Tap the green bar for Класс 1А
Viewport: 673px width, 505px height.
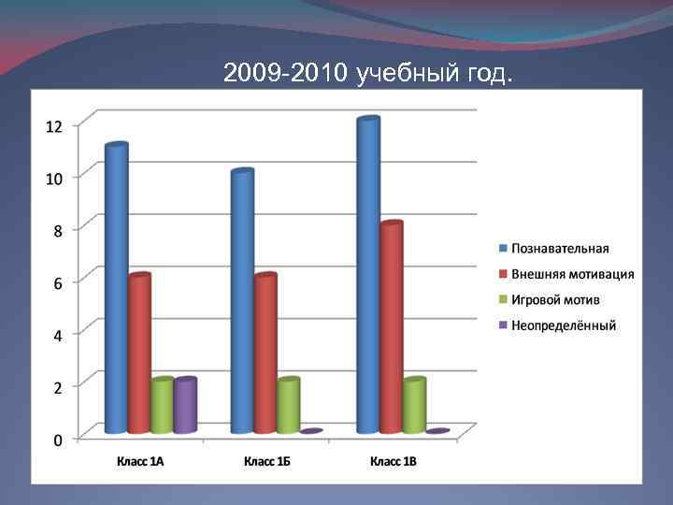pyautogui.click(x=163, y=406)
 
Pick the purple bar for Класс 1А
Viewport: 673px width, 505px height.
pyautogui.click(x=185, y=406)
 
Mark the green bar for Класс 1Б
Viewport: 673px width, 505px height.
pyautogui.click(x=288, y=406)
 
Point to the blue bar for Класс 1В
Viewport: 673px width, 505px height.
pyautogui.click(x=368, y=275)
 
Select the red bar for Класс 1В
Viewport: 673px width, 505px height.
pyautogui.click(x=391, y=327)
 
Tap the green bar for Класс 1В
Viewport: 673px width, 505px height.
pyautogui.click(x=414, y=406)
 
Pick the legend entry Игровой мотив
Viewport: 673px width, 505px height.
pyautogui.click(x=555, y=300)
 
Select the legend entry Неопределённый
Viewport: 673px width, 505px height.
pyautogui.click(x=564, y=325)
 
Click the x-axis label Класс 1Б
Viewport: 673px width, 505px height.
pyautogui.click(x=267, y=460)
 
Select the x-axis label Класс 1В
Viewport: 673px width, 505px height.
pyautogui.click(x=394, y=460)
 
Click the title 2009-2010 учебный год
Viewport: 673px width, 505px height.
pyautogui.click(x=368, y=73)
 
